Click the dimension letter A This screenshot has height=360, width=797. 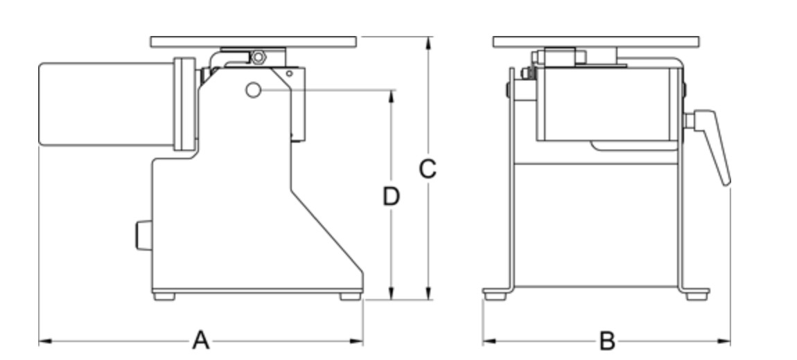200,341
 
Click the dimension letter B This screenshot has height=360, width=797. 606,341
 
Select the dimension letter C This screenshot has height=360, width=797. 428,168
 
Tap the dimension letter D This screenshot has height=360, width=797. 392,197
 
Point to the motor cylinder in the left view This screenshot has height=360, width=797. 104,104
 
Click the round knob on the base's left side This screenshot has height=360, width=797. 142,234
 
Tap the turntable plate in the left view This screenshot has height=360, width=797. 254,42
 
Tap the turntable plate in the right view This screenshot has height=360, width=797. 597,42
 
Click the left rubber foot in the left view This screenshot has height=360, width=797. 164,296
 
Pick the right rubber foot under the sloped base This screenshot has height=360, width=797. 350,296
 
